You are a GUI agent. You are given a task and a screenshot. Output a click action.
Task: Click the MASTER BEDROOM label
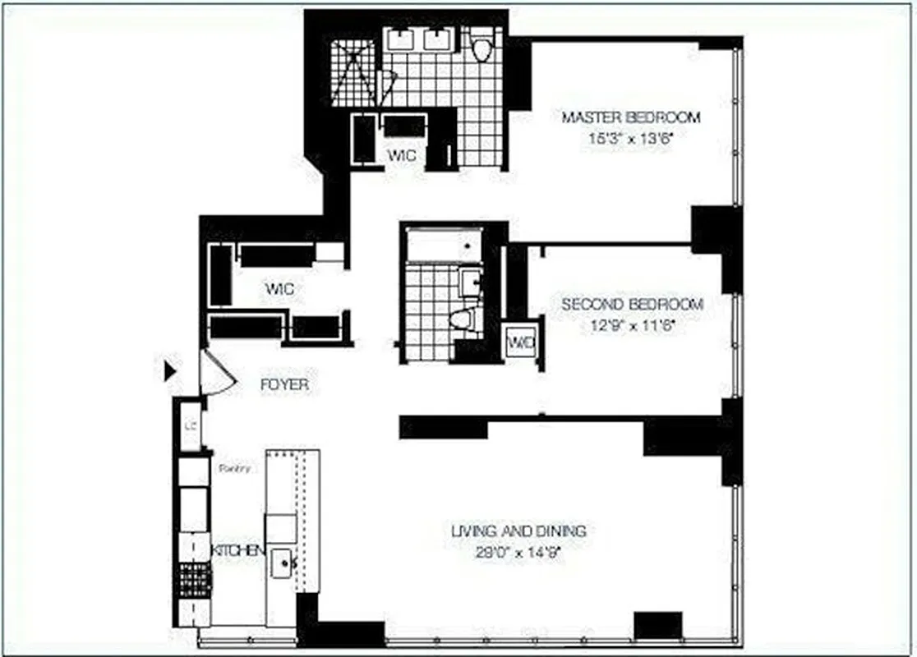(631, 117)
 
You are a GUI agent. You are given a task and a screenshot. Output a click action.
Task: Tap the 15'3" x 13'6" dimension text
(631, 139)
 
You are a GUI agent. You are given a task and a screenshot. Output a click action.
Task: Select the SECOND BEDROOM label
(632, 305)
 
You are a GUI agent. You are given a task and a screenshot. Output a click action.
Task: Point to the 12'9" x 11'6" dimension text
(632, 325)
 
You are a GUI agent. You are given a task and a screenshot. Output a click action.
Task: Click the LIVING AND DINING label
(518, 531)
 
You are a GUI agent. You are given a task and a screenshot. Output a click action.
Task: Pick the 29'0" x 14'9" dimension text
(518, 553)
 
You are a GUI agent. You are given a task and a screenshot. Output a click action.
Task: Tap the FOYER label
(284, 384)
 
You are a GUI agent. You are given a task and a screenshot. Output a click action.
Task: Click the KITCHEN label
(238, 549)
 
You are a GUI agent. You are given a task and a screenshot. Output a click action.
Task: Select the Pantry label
(234, 468)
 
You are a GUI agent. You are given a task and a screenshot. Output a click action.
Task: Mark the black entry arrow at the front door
(170, 371)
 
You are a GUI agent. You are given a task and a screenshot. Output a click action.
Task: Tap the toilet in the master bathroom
(482, 46)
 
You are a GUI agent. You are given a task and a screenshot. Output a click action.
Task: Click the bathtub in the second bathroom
(443, 244)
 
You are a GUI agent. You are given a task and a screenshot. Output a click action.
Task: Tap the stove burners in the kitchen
(195, 580)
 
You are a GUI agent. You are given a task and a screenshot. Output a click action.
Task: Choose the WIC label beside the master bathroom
(402, 155)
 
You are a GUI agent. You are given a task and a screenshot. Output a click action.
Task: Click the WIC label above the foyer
(279, 289)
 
